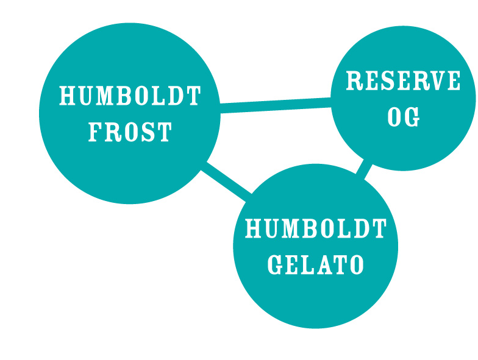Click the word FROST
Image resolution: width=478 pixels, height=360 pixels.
point(130,132)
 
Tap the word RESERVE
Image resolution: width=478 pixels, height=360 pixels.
point(403,80)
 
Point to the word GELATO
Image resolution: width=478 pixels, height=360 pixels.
point(316,264)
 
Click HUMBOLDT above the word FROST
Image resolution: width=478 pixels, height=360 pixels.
point(130,96)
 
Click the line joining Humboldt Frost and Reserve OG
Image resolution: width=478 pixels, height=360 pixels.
point(276,105)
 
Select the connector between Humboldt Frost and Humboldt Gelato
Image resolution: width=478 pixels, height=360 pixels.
point(226,182)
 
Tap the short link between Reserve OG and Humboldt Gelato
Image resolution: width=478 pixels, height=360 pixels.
point(364,169)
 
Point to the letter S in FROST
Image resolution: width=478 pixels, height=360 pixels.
point(148,132)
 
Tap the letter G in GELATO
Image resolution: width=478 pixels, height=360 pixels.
point(276,264)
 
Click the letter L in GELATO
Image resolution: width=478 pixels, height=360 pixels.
point(307,264)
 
